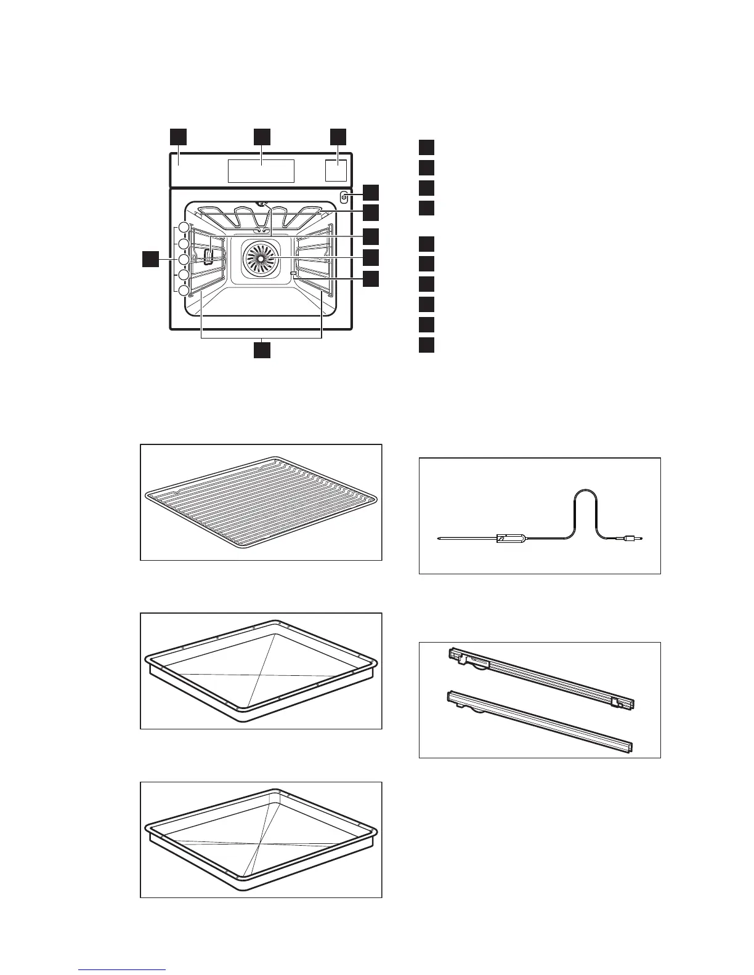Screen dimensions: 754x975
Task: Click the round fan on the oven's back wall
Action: pyautogui.click(x=260, y=258)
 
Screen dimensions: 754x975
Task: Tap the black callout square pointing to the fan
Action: pyautogui.click(x=370, y=257)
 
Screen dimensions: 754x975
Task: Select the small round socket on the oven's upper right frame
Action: pyautogui.click(x=344, y=197)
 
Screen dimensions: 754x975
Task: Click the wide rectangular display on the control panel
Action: pyautogui.click(x=261, y=171)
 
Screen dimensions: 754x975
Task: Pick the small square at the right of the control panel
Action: pyautogui.click(x=336, y=171)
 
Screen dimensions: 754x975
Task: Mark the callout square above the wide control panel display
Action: pyautogui.click(x=262, y=137)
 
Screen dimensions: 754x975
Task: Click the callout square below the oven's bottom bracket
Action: pyautogui.click(x=262, y=350)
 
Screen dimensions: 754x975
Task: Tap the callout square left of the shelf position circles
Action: pyautogui.click(x=150, y=259)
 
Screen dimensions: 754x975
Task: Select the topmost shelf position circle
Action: pyautogui.click(x=184, y=228)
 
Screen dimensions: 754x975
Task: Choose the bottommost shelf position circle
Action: pyautogui.click(x=184, y=290)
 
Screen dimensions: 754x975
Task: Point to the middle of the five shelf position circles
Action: pyautogui.click(x=184, y=259)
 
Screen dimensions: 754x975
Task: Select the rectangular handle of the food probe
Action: pyautogui.click(x=511, y=539)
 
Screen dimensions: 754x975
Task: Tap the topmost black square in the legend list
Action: pyautogui.click(x=427, y=148)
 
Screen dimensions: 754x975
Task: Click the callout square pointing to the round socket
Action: pyautogui.click(x=370, y=192)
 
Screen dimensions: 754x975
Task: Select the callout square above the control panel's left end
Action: pyautogui.click(x=179, y=137)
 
